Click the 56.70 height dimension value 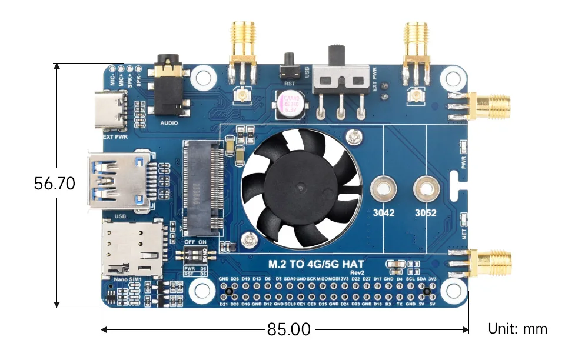(55, 184)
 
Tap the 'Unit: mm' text (517, 329)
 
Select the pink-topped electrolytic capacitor (294, 104)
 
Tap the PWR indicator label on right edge (464, 162)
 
